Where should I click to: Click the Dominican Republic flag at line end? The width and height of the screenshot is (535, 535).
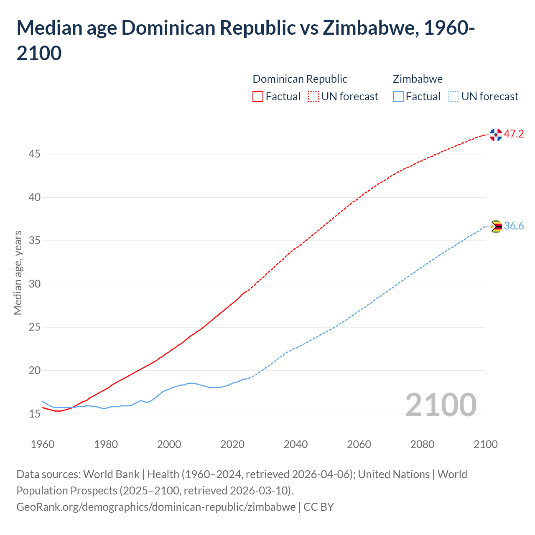pyautogui.click(x=496, y=135)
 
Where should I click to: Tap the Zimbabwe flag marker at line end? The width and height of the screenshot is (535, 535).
pyautogui.click(x=496, y=227)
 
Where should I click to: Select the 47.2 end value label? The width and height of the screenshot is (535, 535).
pyautogui.click(x=514, y=134)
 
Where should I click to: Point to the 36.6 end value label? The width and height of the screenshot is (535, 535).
pyautogui.click(x=514, y=226)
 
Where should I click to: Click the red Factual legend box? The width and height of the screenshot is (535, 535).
pyautogui.click(x=258, y=97)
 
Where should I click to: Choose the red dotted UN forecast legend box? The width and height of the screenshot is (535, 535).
pyautogui.click(x=313, y=97)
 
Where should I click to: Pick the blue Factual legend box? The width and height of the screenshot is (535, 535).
pyautogui.click(x=398, y=97)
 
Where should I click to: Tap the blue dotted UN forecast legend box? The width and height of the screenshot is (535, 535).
pyautogui.click(x=453, y=97)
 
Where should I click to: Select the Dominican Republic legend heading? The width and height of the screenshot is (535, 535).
pyautogui.click(x=300, y=79)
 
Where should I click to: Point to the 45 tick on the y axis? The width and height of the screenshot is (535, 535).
pyautogui.click(x=34, y=154)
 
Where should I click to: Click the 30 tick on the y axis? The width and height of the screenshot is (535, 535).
pyautogui.click(x=34, y=284)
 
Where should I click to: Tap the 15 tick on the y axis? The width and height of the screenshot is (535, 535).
pyautogui.click(x=34, y=414)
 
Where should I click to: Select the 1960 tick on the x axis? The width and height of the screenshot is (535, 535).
pyautogui.click(x=43, y=444)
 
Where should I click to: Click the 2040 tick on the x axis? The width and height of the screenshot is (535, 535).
pyautogui.click(x=296, y=444)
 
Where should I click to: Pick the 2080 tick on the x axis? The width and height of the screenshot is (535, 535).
pyautogui.click(x=422, y=444)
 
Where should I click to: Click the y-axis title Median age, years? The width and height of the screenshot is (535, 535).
pyautogui.click(x=18, y=273)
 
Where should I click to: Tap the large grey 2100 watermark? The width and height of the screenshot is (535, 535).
pyautogui.click(x=441, y=405)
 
